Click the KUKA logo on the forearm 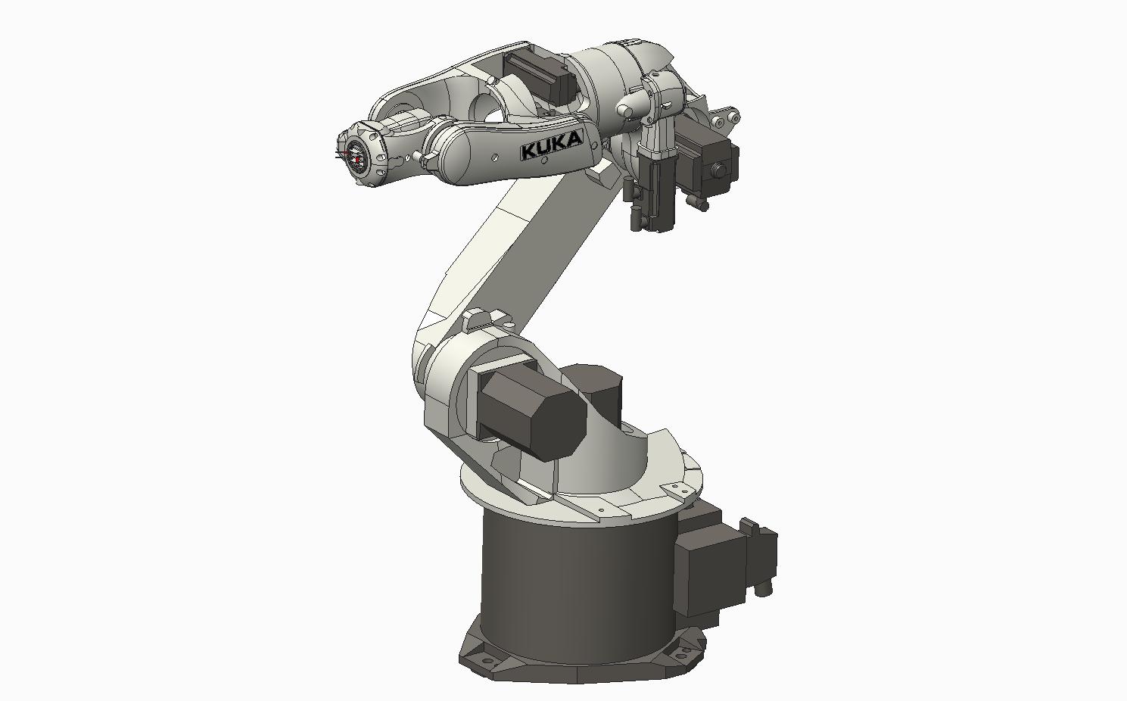point(552,145)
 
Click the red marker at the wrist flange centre point(356,159)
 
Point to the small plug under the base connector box point(764,587)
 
